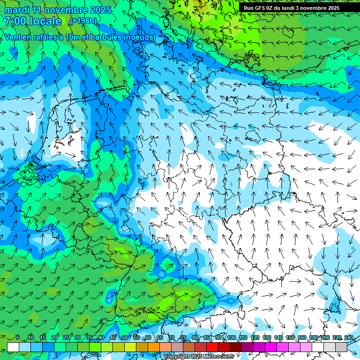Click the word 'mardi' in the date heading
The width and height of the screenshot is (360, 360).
(17, 10)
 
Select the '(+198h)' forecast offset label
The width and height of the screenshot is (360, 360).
(83, 21)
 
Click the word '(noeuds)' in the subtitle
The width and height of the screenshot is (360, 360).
(139, 37)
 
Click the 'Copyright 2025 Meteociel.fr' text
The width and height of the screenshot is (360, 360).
(199, 357)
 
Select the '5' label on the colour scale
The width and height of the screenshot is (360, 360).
(18, 337)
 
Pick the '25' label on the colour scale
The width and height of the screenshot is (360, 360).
(66, 337)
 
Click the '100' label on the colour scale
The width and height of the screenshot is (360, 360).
(232, 337)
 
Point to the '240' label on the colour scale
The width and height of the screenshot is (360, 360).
(349, 337)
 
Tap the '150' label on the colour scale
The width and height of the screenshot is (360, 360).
(290, 337)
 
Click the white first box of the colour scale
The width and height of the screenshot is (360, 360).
(13, 347)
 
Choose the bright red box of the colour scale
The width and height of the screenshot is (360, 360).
(212, 347)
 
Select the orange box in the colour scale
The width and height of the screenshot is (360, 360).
(154, 347)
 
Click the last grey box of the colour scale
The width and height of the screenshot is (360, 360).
(341, 347)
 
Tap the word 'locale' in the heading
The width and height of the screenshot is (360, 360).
(45, 21)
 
